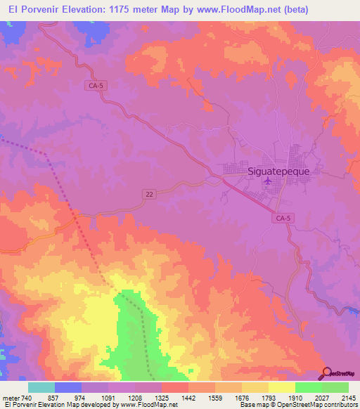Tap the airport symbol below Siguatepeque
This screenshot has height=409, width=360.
click(x=267, y=182)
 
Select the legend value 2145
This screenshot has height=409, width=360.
click(x=348, y=398)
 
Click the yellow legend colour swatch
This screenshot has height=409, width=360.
click(x=281, y=387)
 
